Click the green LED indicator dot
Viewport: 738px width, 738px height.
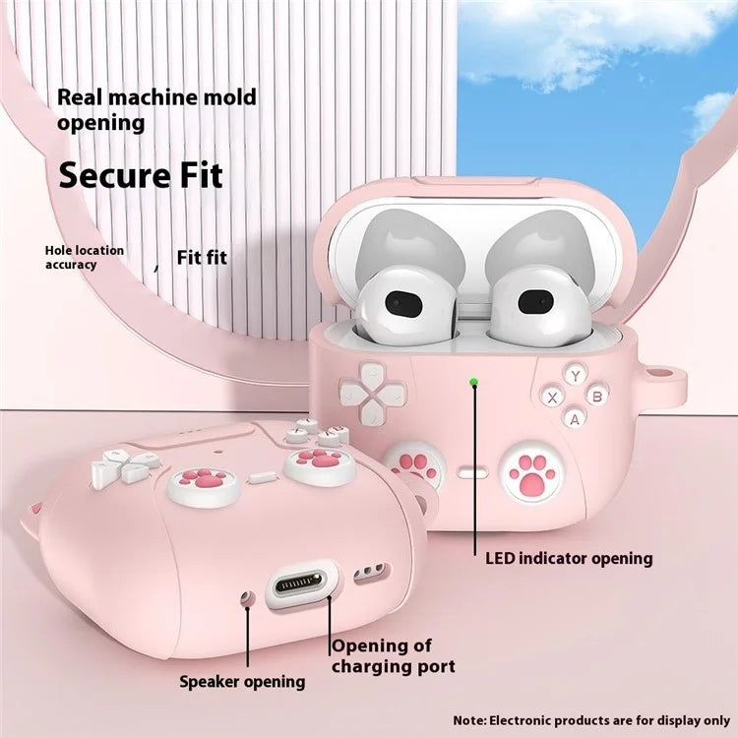474,381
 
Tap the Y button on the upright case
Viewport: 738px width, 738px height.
575,376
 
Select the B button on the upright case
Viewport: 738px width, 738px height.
597,396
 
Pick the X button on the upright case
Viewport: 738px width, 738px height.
553,398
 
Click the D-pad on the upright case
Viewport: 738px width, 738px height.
373,392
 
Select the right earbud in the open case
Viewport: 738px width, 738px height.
538,302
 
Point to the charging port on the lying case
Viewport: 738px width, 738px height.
300,585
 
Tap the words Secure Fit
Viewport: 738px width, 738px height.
141,175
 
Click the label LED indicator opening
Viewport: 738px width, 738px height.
569,559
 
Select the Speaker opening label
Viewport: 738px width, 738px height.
242,681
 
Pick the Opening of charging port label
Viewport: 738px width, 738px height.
393,656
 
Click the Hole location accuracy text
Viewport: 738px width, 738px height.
85,258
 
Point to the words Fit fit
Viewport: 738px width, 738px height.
202,258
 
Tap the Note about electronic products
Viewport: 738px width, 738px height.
591,720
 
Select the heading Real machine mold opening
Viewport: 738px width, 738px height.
156,110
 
